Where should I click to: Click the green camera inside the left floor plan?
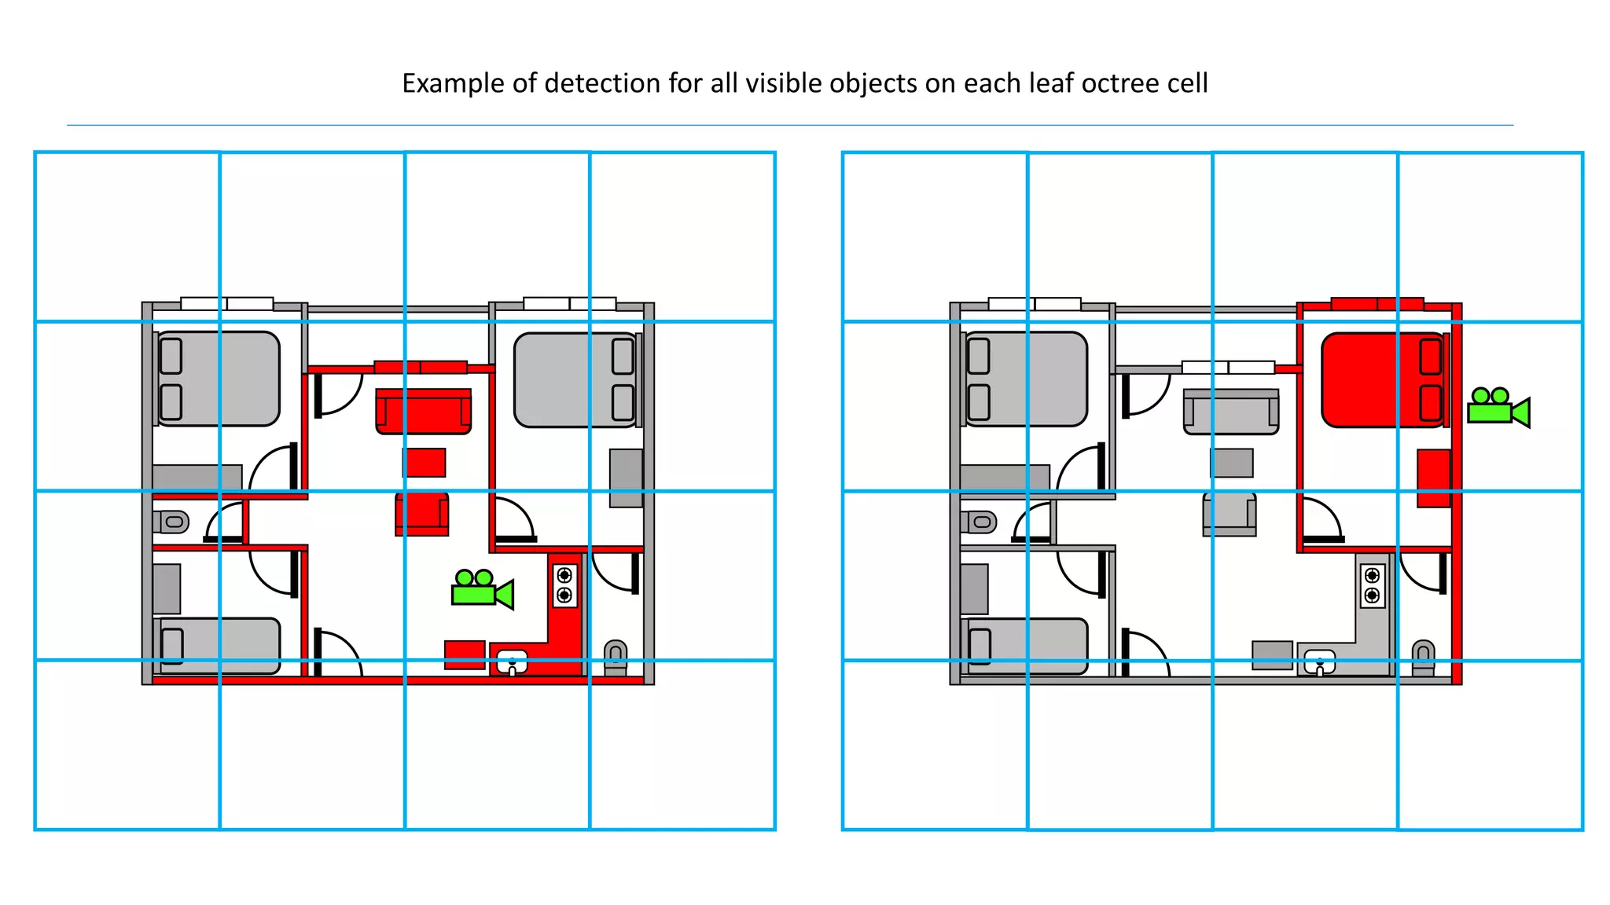[x=480, y=589]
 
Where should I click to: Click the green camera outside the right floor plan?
[x=1495, y=408]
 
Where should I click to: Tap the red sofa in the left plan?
[x=423, y=412]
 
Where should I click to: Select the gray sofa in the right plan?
[x=1231, y=412]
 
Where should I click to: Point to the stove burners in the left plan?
[x=564, y=585]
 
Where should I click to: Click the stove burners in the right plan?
[x=1372, y=585]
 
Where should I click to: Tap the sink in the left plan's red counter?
[x=512, y=661]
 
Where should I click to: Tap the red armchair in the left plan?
[x=422, y=515]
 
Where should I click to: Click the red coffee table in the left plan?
[x=425, y=463]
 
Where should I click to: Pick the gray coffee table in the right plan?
[x=1232, y=463]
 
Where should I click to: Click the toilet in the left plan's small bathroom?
[x=171, y=522]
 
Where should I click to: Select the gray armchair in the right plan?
[x=1230, y=515]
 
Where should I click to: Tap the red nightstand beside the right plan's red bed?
[x=1433, y=478]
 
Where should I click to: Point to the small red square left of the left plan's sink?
[x=464, y=654]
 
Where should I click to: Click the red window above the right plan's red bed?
[x=1377, y=304]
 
